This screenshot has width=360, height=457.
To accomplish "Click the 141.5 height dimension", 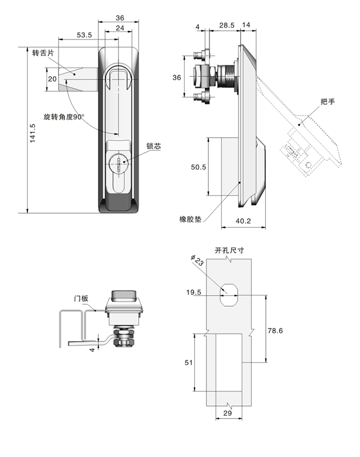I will [x=32, y=133].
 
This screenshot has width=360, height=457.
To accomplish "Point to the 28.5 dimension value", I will [x=227, y=26].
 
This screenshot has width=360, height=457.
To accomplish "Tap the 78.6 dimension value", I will [x=274, y=330].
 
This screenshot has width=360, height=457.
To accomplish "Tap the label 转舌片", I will [x=43, y=53].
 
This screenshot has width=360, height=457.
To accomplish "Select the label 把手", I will [x=328, y=101].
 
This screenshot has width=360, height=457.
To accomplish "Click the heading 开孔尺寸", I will [x=229, y=250].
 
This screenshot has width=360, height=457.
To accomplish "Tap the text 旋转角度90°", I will [x=64, y=117].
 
